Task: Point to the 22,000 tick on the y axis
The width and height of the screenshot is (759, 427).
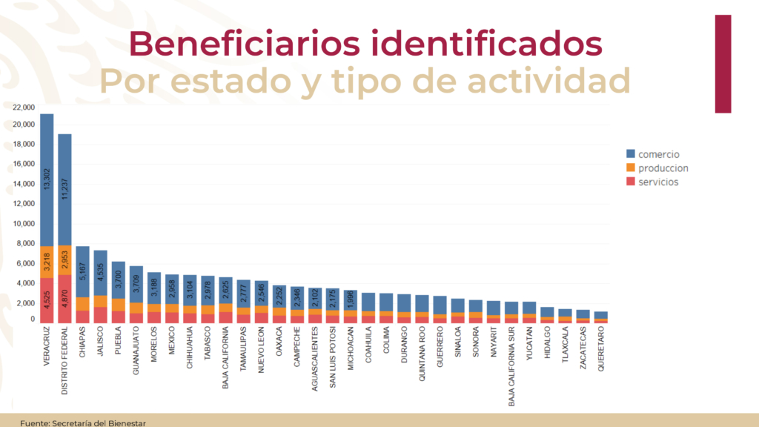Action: pos(24,107)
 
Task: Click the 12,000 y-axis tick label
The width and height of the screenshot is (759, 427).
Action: pos(24,204)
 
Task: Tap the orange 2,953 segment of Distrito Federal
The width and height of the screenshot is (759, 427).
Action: pos(64,256)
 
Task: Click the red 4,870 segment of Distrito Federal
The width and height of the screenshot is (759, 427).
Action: pos(64,298)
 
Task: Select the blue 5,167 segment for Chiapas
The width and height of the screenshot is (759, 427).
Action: pos(82,272)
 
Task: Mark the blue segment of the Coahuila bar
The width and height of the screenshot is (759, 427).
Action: pos(368,302)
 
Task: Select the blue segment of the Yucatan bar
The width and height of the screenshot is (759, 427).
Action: pos(530,308)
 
